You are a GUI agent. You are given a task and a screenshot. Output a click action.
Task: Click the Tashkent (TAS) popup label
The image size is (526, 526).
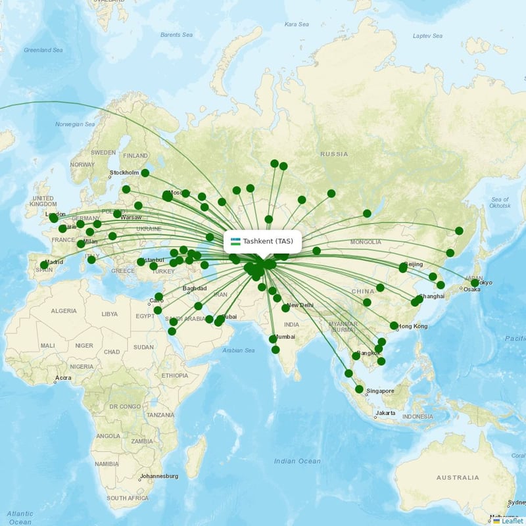(x=268, y=241)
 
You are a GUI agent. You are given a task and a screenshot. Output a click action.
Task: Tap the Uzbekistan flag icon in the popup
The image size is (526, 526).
(x=235, y=241)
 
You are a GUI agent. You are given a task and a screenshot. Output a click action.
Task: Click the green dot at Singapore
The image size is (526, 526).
(x=359, y=389)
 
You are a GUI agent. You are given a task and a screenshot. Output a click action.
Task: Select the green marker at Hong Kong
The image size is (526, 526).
(x=394, y=325)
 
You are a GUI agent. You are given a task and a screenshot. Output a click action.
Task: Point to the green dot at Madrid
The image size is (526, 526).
(x=44, y=265)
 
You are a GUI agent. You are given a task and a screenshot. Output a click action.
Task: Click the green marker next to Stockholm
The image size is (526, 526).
(x=145, y=173)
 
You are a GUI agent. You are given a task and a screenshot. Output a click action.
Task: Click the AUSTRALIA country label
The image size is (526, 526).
(x=458, y=477)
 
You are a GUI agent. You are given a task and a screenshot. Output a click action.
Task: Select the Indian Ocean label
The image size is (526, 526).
(x=297, y=462)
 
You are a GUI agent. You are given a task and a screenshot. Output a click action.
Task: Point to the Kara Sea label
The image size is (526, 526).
(x=297, y=24)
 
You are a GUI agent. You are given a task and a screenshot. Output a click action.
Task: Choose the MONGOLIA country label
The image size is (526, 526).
(x=366, y=242)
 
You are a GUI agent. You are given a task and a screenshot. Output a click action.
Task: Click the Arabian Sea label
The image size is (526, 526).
(x=239, y=350)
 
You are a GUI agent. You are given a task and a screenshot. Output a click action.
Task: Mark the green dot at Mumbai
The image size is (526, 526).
(x=273, y=339)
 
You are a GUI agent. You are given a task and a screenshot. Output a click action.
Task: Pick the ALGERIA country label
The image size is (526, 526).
(x=64, y=310)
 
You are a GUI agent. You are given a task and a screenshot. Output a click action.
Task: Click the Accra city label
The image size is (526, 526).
(x=63, y=378)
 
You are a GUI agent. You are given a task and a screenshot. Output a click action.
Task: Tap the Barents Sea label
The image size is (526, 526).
(x=177, y=34)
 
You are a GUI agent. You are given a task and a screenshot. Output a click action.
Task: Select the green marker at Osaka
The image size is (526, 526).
(x=475, y=283)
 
